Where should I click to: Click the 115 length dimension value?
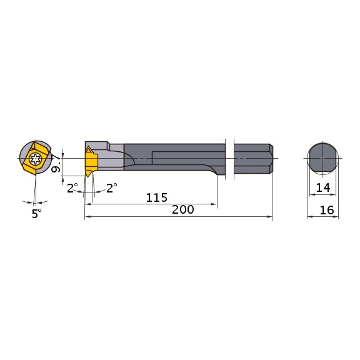(156, 197)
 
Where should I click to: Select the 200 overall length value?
(182, 211)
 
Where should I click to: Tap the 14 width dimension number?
(322, 187)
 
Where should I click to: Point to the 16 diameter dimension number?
(326, 211)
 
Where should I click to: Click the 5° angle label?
(36, 213)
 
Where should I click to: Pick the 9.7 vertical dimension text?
(56, 164)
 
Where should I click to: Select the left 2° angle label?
(72, 187)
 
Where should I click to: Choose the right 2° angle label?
(112, 187)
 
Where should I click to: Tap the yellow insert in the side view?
(91, 161)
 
